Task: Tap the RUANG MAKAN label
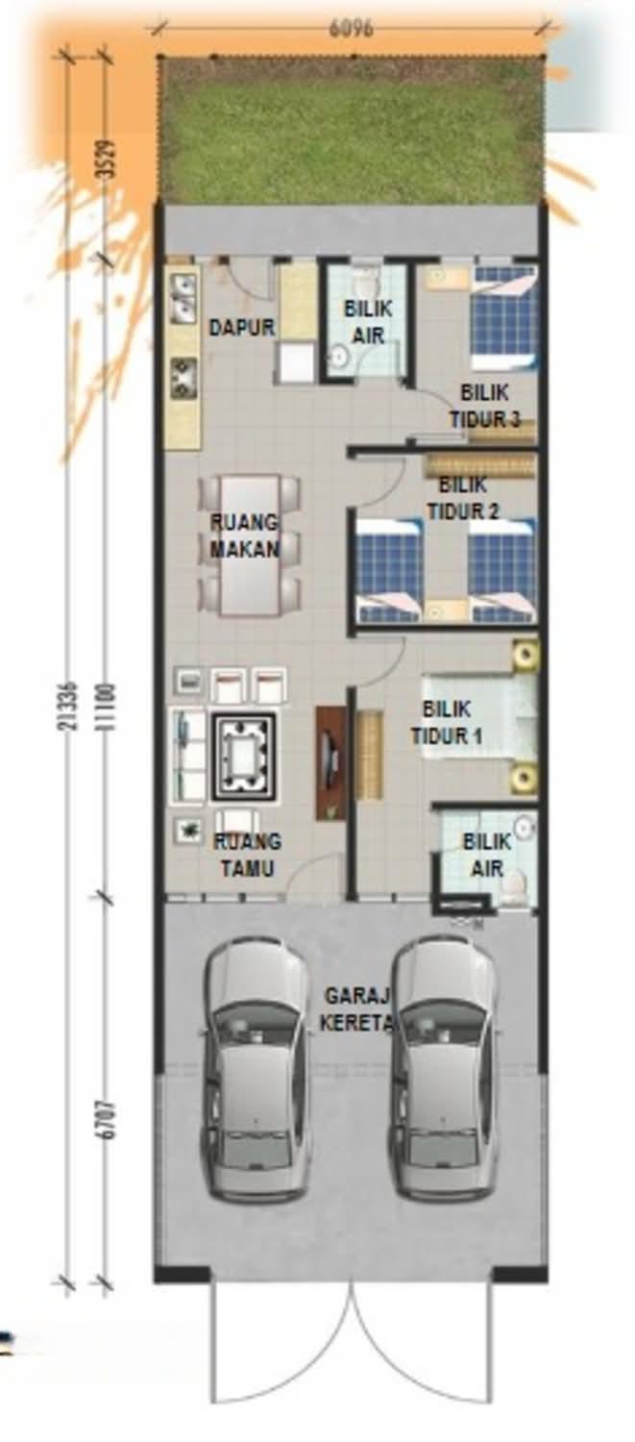(x=244, y=535)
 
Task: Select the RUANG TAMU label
(x=247, y=855)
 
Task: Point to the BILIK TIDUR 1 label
(x=446, y=722)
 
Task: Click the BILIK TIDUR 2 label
(x=463, y=498)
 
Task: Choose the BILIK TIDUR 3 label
(x=484, y=406)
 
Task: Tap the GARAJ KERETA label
(x=356, y=1009)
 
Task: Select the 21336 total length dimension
(x=71, y=705)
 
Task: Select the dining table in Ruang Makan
(x=249, y=545)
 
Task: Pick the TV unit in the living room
(x=330, y=763)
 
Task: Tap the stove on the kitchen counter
(x=183, y=378)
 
